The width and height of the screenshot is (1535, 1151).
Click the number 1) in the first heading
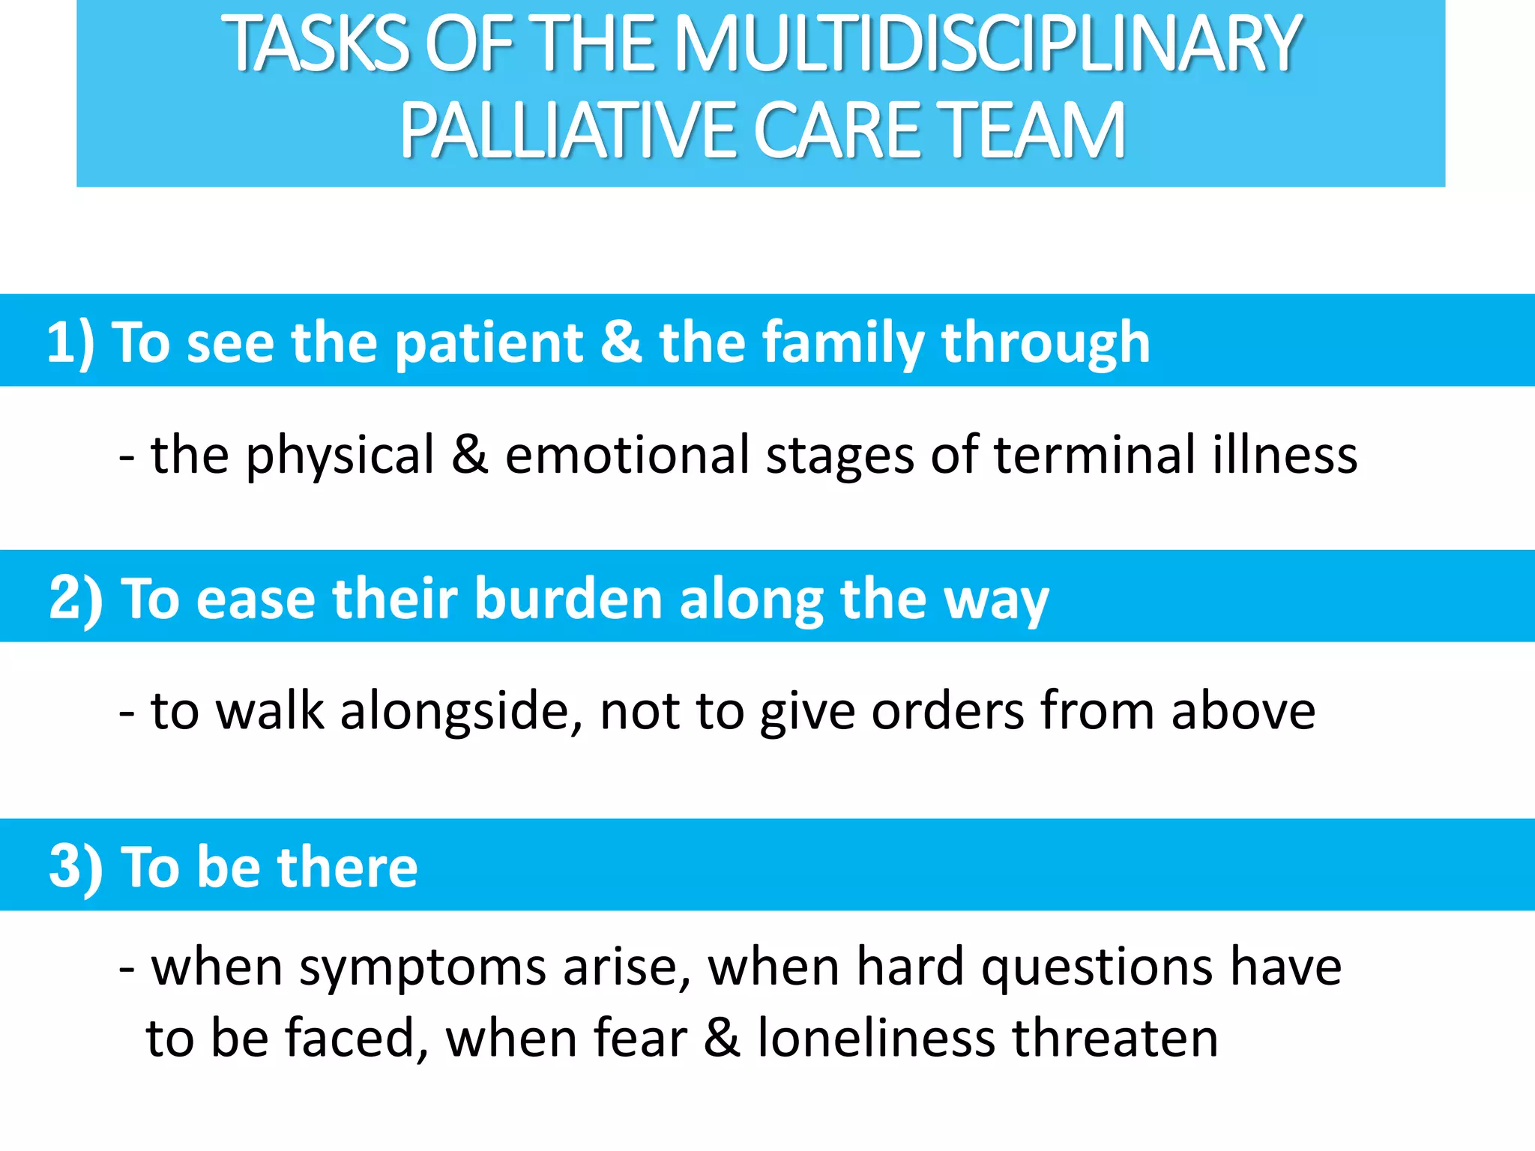click(x=70, y=342)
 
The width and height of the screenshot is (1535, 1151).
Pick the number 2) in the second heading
click(x=76, y=599)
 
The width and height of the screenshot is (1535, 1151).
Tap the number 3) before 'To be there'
click(x=76, y=867)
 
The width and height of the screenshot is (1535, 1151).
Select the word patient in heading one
click(x=489, y=342)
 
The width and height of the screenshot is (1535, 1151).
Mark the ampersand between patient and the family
click(x=621, y=342)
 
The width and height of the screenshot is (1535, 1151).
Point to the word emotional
click(x=627, y=455)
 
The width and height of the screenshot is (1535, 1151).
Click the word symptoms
click(x=423, y=968)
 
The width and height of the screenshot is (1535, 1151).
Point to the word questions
click(x=1097, y=968)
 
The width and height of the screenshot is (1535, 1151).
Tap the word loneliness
click(x=876, y=1038)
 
